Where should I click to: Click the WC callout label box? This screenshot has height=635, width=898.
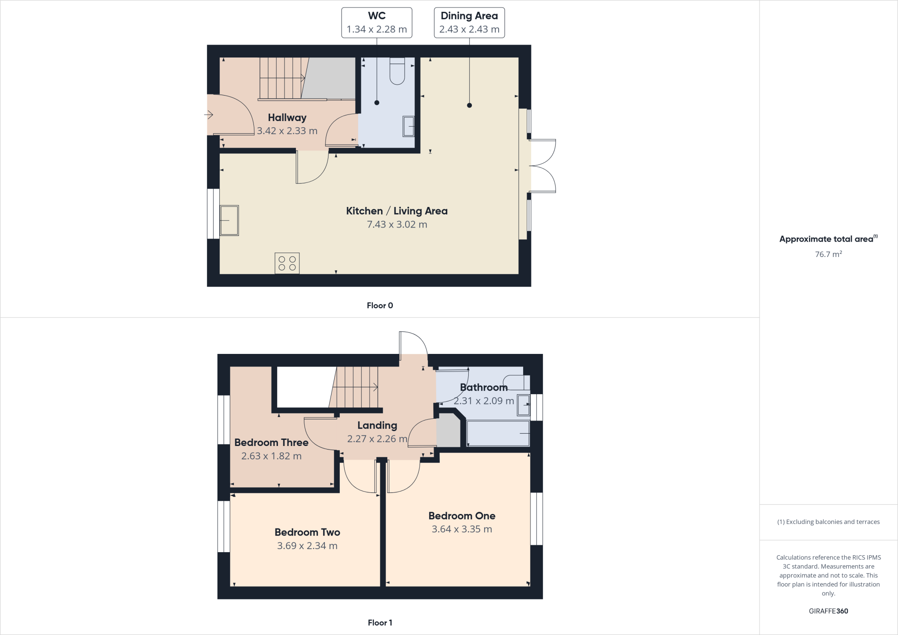pyautogui.click(x=377, y=23)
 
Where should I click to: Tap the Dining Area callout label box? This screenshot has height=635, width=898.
pyautogui.click(x=469, y=23)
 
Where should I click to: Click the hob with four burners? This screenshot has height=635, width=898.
pyautogui.click(x=287, y=263)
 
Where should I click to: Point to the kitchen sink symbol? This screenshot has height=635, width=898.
pyautogui.click(x=229, y=220)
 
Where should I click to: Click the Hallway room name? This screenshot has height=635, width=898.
pyautogui.click(x=287, y=118)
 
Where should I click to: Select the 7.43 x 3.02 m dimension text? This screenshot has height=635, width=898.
pyautogui.click(x=397, y=225)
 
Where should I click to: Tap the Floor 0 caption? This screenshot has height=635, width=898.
pyautogui.click(x=380, y=306)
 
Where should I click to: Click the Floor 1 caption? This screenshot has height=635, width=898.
pyautogui.click(x=380, y=623)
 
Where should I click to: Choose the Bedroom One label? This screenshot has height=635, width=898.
pyautogui.click(x=462, y=516)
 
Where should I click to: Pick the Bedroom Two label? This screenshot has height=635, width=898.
pyautogui.click(x=307, y=532)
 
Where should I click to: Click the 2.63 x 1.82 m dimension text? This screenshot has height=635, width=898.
pyautogui.click(x=271, y=456)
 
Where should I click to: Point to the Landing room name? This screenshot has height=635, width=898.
pyautogui.click(x=377, y=425)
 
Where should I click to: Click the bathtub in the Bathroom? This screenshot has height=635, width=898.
pyautogui.click(x=498, y=433)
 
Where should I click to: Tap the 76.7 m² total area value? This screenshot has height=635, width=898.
pyautogui.click(x=828, y=254)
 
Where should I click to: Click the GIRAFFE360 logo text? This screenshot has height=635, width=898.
pyautogui.click(x=828, y=611)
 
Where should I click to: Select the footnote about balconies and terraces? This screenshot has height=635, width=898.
pyautogui.click(x=828, y=522)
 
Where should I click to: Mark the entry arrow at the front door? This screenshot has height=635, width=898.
pyautogui.click(x=209, y=115)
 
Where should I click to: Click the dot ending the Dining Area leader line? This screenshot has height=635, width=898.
pyautogui.click(x=469, y=105)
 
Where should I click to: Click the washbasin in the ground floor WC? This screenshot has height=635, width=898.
pyautogui.click(x=409, y=126)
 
